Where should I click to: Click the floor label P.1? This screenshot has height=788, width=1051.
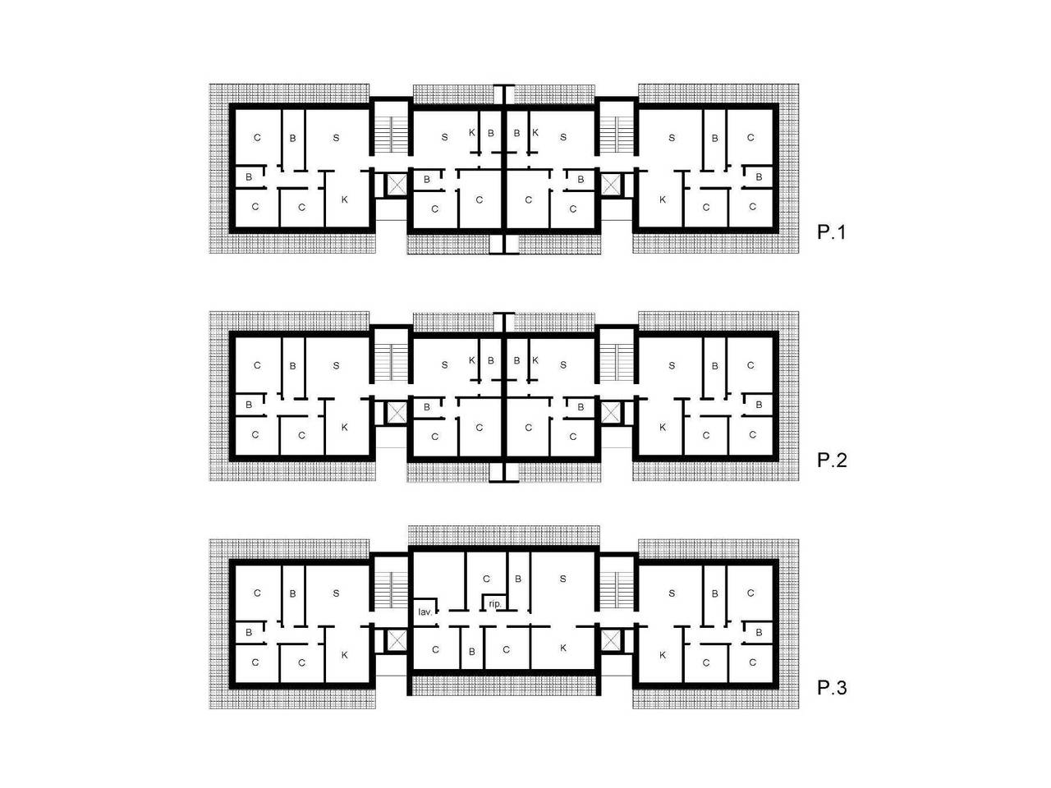(x=832, y=232)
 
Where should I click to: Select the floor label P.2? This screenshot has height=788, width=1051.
(x=832, y=460)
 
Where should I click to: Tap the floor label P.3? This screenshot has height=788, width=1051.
(x=832, y=688)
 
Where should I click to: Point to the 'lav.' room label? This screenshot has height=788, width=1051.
(x=425, y=612)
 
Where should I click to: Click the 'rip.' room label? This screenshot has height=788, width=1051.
(x=495, y=604)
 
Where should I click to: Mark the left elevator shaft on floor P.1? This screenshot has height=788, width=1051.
(x=397, y=185)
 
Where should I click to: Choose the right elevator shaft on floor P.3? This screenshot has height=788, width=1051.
(x=611, y=640)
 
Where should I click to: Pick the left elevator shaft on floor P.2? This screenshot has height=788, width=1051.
(x=397, y=412)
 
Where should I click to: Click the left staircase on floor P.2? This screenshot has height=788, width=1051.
(x=391, y=363)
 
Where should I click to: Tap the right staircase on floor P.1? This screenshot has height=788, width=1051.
(x=617, y=135)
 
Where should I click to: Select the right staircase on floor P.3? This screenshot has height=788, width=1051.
(x=617, y=590)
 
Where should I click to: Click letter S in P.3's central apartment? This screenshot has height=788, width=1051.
(x=562, y=579)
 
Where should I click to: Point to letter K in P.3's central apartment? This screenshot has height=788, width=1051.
(x=563, y=648)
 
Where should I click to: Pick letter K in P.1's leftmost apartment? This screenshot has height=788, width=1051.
(x=344, y=199)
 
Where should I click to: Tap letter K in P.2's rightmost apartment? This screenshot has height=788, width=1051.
(x=663, y=428)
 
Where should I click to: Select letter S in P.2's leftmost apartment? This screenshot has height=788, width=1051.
(x=336, y=366)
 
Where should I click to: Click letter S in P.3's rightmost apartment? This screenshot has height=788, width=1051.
(x=672, y=593)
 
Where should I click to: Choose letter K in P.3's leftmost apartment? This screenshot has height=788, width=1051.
(x=344, y=655)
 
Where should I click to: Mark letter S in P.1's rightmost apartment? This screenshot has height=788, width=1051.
(x=672, y=138)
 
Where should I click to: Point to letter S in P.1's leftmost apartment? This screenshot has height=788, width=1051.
(x=336, y=138)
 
